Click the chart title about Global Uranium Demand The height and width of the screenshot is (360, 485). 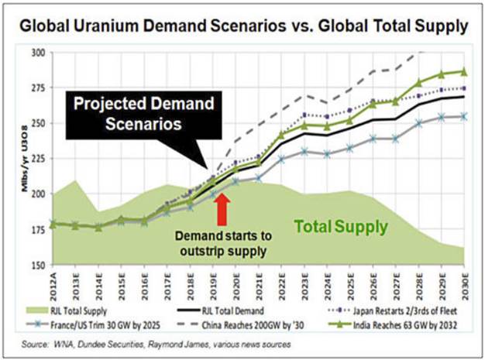coord(242,26)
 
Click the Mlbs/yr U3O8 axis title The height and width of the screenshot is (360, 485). coord(13,159)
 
